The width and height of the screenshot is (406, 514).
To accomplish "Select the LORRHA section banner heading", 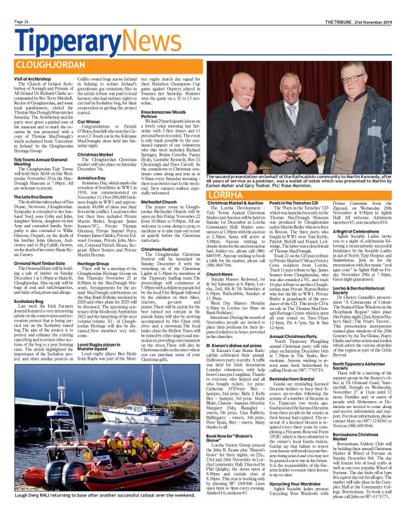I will [232, 191].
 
